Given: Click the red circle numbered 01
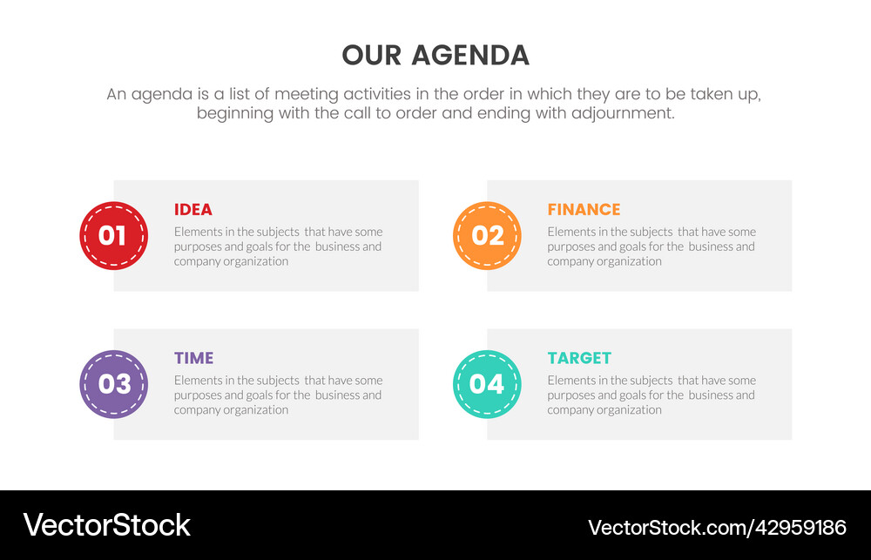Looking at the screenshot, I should click(x=113, y=235).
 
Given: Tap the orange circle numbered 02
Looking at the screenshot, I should click(x=487, y=235).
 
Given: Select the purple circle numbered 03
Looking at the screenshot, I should click(x=113, y=384).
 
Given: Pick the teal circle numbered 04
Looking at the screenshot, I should click(x=487, y=384).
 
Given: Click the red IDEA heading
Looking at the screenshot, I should click(x=192, y=210).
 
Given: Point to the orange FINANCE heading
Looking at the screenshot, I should click(x=584, y=210).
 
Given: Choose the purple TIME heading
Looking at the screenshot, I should click(x=193, y=358).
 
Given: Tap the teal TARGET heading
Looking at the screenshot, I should click(x=579, y=358).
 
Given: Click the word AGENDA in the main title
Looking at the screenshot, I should click(x=469, y=56).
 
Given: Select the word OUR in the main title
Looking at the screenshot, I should click(x=372, y=56).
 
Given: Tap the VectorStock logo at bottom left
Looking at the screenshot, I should click(x=106, y=525).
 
